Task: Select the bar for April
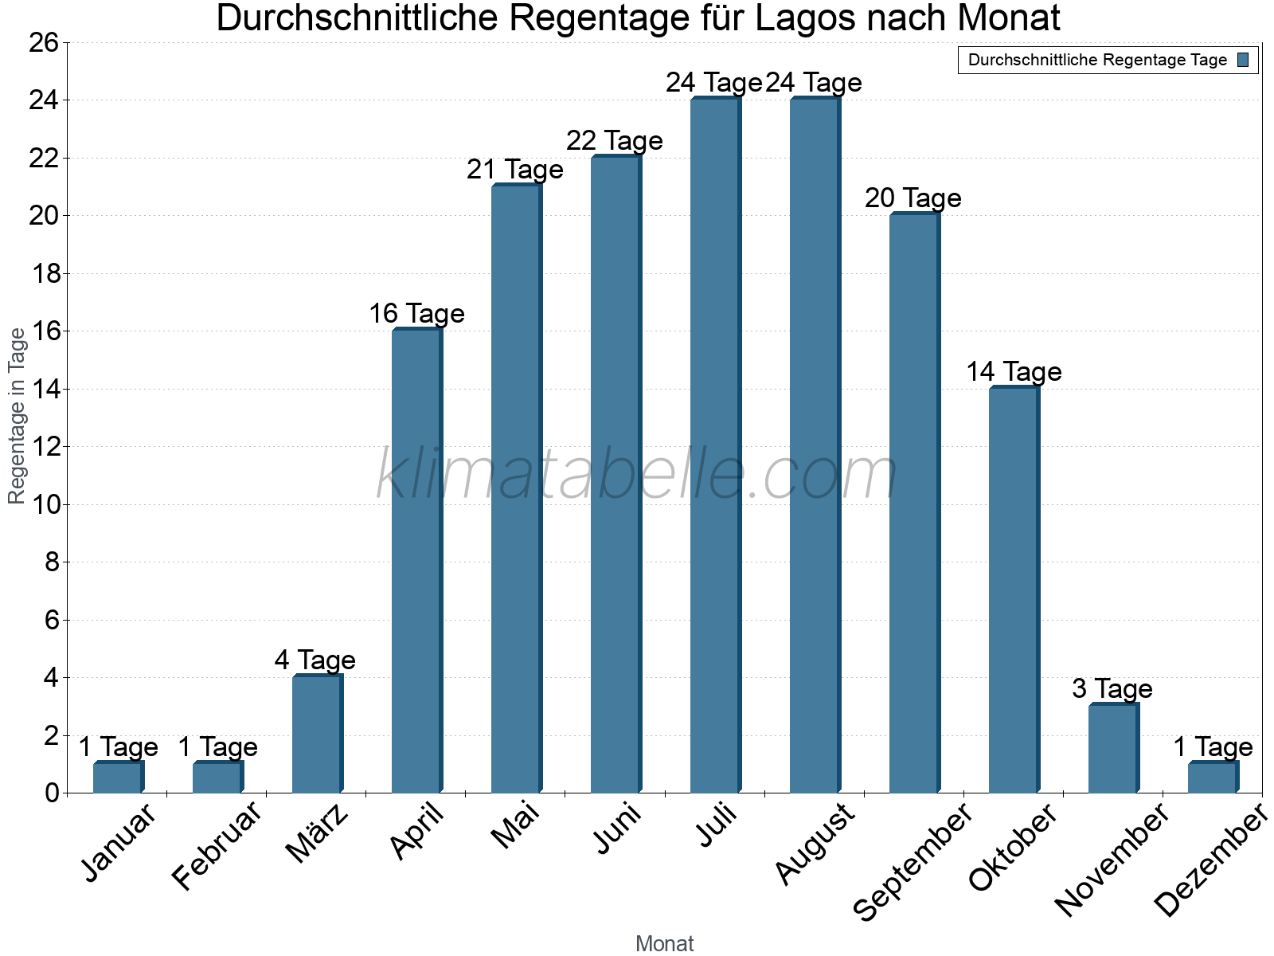pos(416,561)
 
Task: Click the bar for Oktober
pos(1014,590)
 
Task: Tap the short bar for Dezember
pos(1213,778)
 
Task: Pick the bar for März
pos(317,734)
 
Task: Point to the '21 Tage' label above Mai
pos(515,170)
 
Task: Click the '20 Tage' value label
pos(913,198)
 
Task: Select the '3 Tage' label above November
pos(1112,689)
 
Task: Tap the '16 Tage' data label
pos(416,314)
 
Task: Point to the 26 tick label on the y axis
pos(44,43)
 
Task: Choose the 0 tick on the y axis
pos(53,793)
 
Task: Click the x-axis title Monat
pos(664,944)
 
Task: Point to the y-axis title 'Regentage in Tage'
pos(18,416)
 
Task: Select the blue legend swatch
pos(1244,60)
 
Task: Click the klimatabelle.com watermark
pos(636,475)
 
